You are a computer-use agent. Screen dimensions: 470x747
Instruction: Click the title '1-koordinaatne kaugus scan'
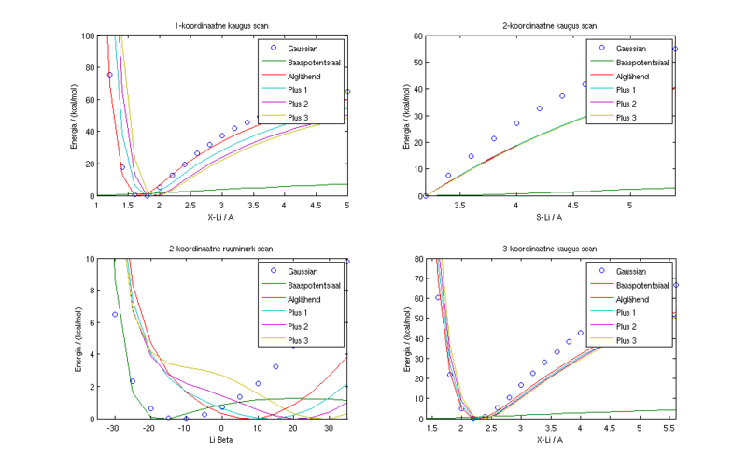click(221, 25)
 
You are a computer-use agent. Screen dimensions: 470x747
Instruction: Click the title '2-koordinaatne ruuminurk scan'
click(221, 249)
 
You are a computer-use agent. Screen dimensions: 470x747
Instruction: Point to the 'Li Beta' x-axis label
click(221, 439)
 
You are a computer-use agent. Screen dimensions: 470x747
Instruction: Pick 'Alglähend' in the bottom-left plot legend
click(305, 297)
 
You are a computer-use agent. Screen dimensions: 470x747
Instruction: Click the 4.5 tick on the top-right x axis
click(573, 205)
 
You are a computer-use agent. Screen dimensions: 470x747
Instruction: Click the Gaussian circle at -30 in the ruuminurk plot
click(115, 315)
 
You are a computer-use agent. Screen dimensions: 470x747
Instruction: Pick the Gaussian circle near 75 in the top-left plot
click(109, 75)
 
